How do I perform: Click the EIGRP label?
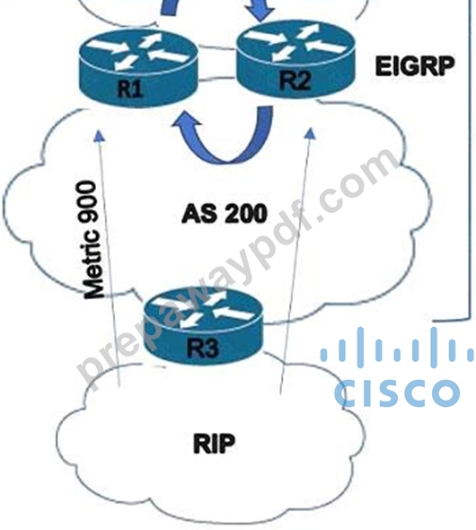415,66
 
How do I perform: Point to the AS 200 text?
225,214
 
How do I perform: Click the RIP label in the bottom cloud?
214,444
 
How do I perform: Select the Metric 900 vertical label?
93,241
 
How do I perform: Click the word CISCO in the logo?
397,393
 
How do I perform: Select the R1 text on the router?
130,90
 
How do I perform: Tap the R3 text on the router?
203,348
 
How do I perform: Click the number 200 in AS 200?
245,214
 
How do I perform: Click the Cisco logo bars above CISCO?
397,348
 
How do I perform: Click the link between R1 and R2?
217,49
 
